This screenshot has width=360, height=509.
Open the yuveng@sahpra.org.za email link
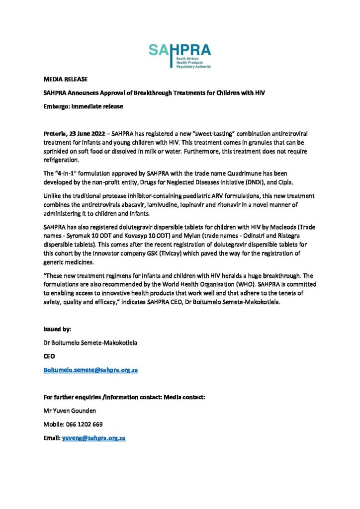[93, 438]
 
